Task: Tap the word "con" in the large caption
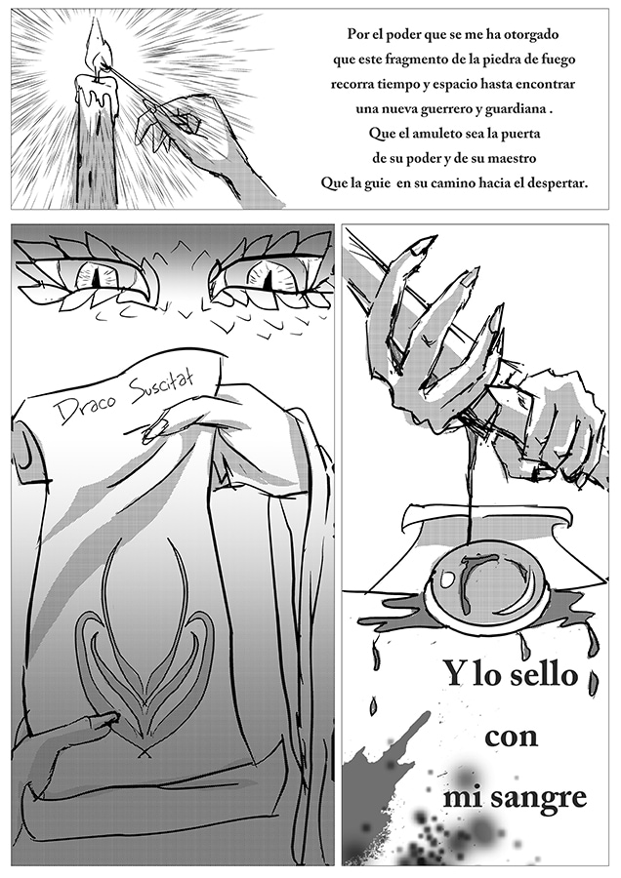coord(512,737)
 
